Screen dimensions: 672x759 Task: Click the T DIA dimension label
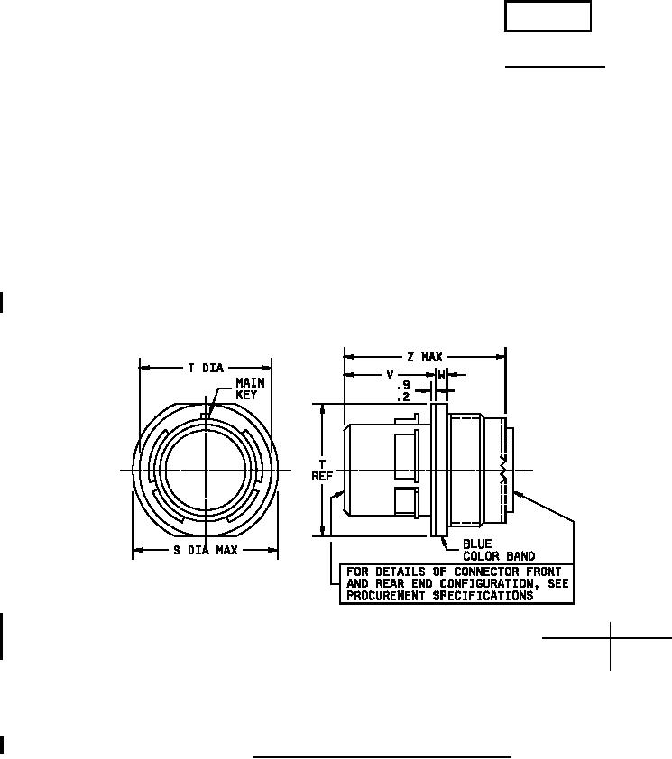tap(206, 369)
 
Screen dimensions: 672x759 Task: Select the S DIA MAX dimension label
tap(206, 551)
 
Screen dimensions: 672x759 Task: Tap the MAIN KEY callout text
tap(250, 389)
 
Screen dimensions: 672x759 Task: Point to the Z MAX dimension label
tap(425, 357)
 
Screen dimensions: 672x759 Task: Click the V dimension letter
tap(390, 375)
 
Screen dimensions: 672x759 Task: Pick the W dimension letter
tap(441, 375)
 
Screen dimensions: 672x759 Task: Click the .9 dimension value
tap(403, 386)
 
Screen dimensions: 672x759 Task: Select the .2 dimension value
tap(403, 398)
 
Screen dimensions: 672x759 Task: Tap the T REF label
tap(322, 471)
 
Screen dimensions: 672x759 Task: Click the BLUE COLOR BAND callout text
tap(499, 550)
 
